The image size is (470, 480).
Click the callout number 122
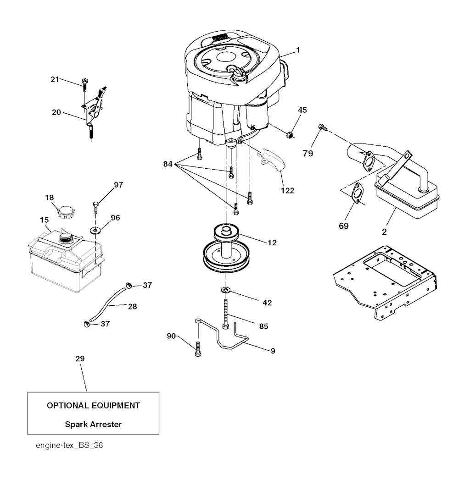[x=287, y=191]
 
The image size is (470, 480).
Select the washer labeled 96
[x=95, y=230]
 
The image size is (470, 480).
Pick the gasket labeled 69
[x=356, y=193]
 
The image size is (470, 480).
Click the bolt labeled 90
[x=198, y=349]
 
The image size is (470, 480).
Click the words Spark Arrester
[x=93, y=425]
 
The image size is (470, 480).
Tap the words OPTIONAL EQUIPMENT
[x=93, y=406]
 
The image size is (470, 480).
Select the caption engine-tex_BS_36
[x=69, y=445]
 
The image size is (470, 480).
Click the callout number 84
[x=168, y=165]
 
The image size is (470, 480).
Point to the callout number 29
[x=80, y=359]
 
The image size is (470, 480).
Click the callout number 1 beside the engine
[x=298, y=50]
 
